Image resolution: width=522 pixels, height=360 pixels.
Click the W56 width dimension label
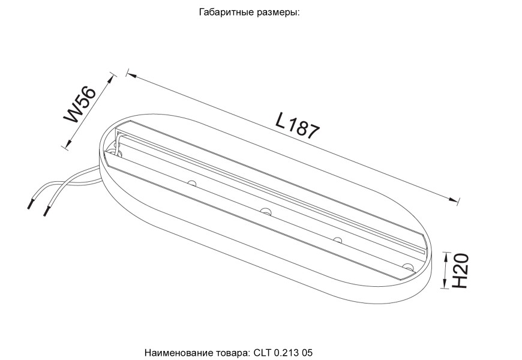point(82,105)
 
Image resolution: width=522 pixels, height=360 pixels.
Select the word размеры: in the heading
point(277,12)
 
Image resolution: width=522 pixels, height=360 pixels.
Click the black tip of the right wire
point(46,212)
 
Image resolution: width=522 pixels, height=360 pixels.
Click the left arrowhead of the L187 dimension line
point(130,74)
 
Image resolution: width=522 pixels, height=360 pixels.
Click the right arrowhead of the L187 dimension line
point(457,201)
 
